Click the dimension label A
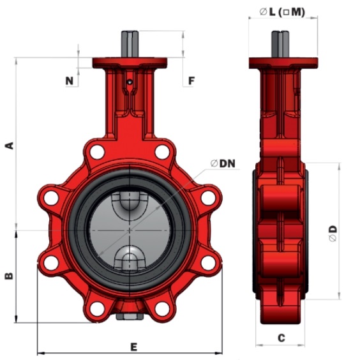point(10,146)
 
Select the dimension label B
point(10,276)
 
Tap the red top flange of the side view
point(283,63)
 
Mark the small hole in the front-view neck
point(130,82)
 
